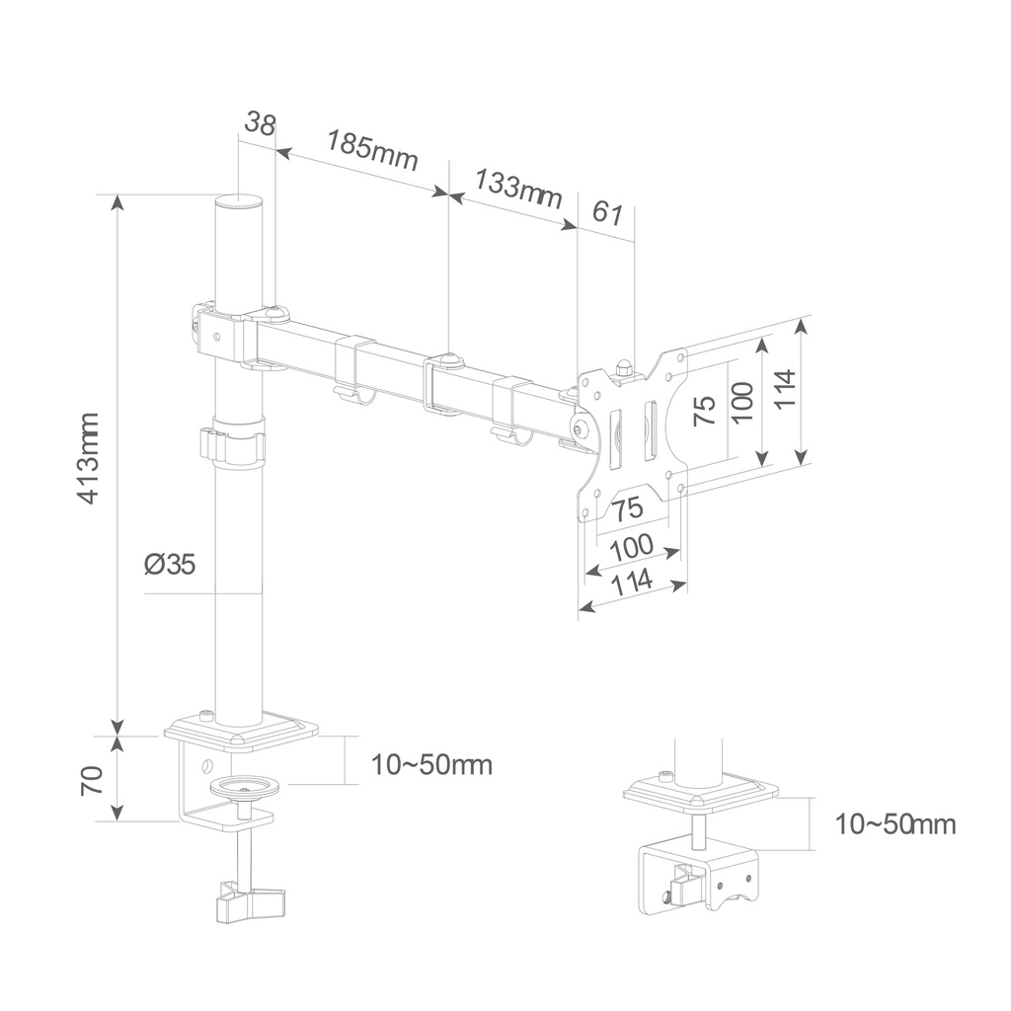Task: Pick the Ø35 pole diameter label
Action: point(170,564)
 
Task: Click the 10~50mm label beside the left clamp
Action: point(430,764)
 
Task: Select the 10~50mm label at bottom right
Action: point(894,824)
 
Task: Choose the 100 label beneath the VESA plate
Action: point(632,547)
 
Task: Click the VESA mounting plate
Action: point(632,434)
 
